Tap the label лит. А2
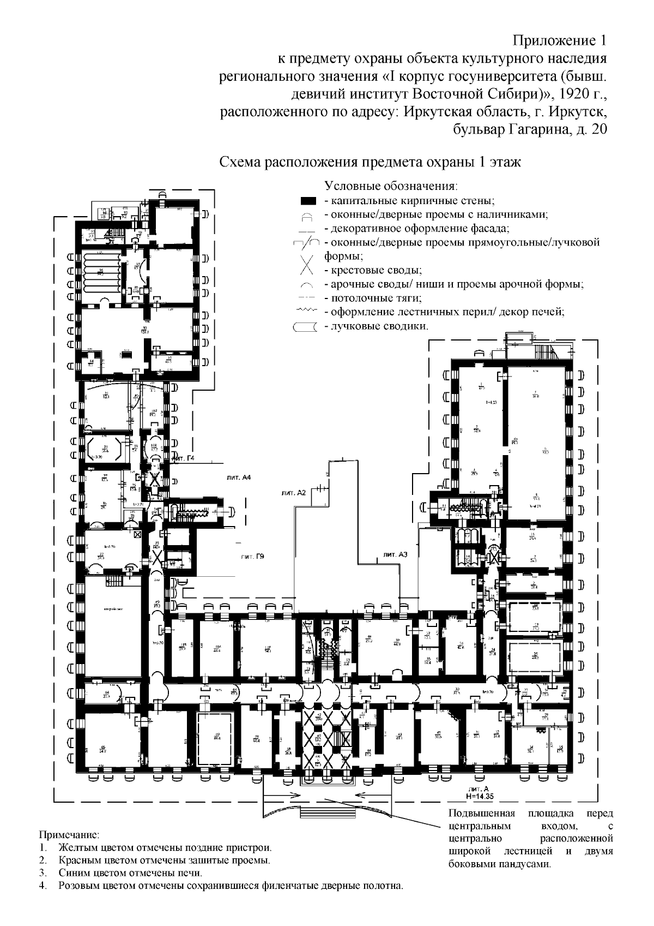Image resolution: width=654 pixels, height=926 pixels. click(x=294, y=492)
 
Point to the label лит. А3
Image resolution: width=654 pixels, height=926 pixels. click(x=396, y=554)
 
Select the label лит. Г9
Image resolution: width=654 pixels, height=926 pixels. click(x=252, y=557)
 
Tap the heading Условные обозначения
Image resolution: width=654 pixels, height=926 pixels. click(x=391, y=186)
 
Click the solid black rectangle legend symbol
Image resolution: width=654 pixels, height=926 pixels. click(x=308, y=201)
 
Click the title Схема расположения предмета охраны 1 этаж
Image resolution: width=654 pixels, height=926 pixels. click(x=370, y=163)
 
